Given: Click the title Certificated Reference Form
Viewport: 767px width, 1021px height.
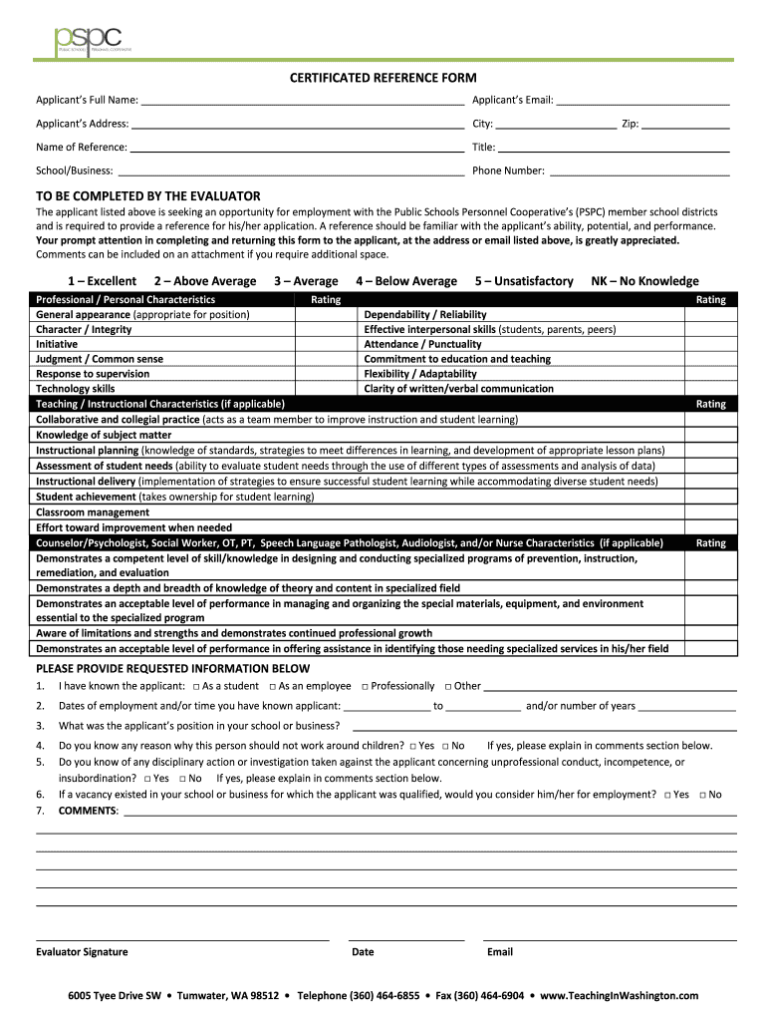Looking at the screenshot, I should click(383, 78).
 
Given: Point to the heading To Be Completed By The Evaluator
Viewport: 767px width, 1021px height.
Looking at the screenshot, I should click(148, 195).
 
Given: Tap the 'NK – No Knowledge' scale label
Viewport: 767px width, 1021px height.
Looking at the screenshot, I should click(644, 281).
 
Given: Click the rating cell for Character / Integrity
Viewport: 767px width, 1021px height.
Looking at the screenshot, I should click(326, 329).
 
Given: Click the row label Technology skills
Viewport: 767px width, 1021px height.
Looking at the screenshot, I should click(76, 389).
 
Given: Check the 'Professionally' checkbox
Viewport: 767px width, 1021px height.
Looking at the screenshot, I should click(366, 687).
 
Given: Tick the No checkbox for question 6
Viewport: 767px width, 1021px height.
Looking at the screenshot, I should click(702, 795).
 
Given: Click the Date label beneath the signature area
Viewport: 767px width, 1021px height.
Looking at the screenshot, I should click(363, 951).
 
